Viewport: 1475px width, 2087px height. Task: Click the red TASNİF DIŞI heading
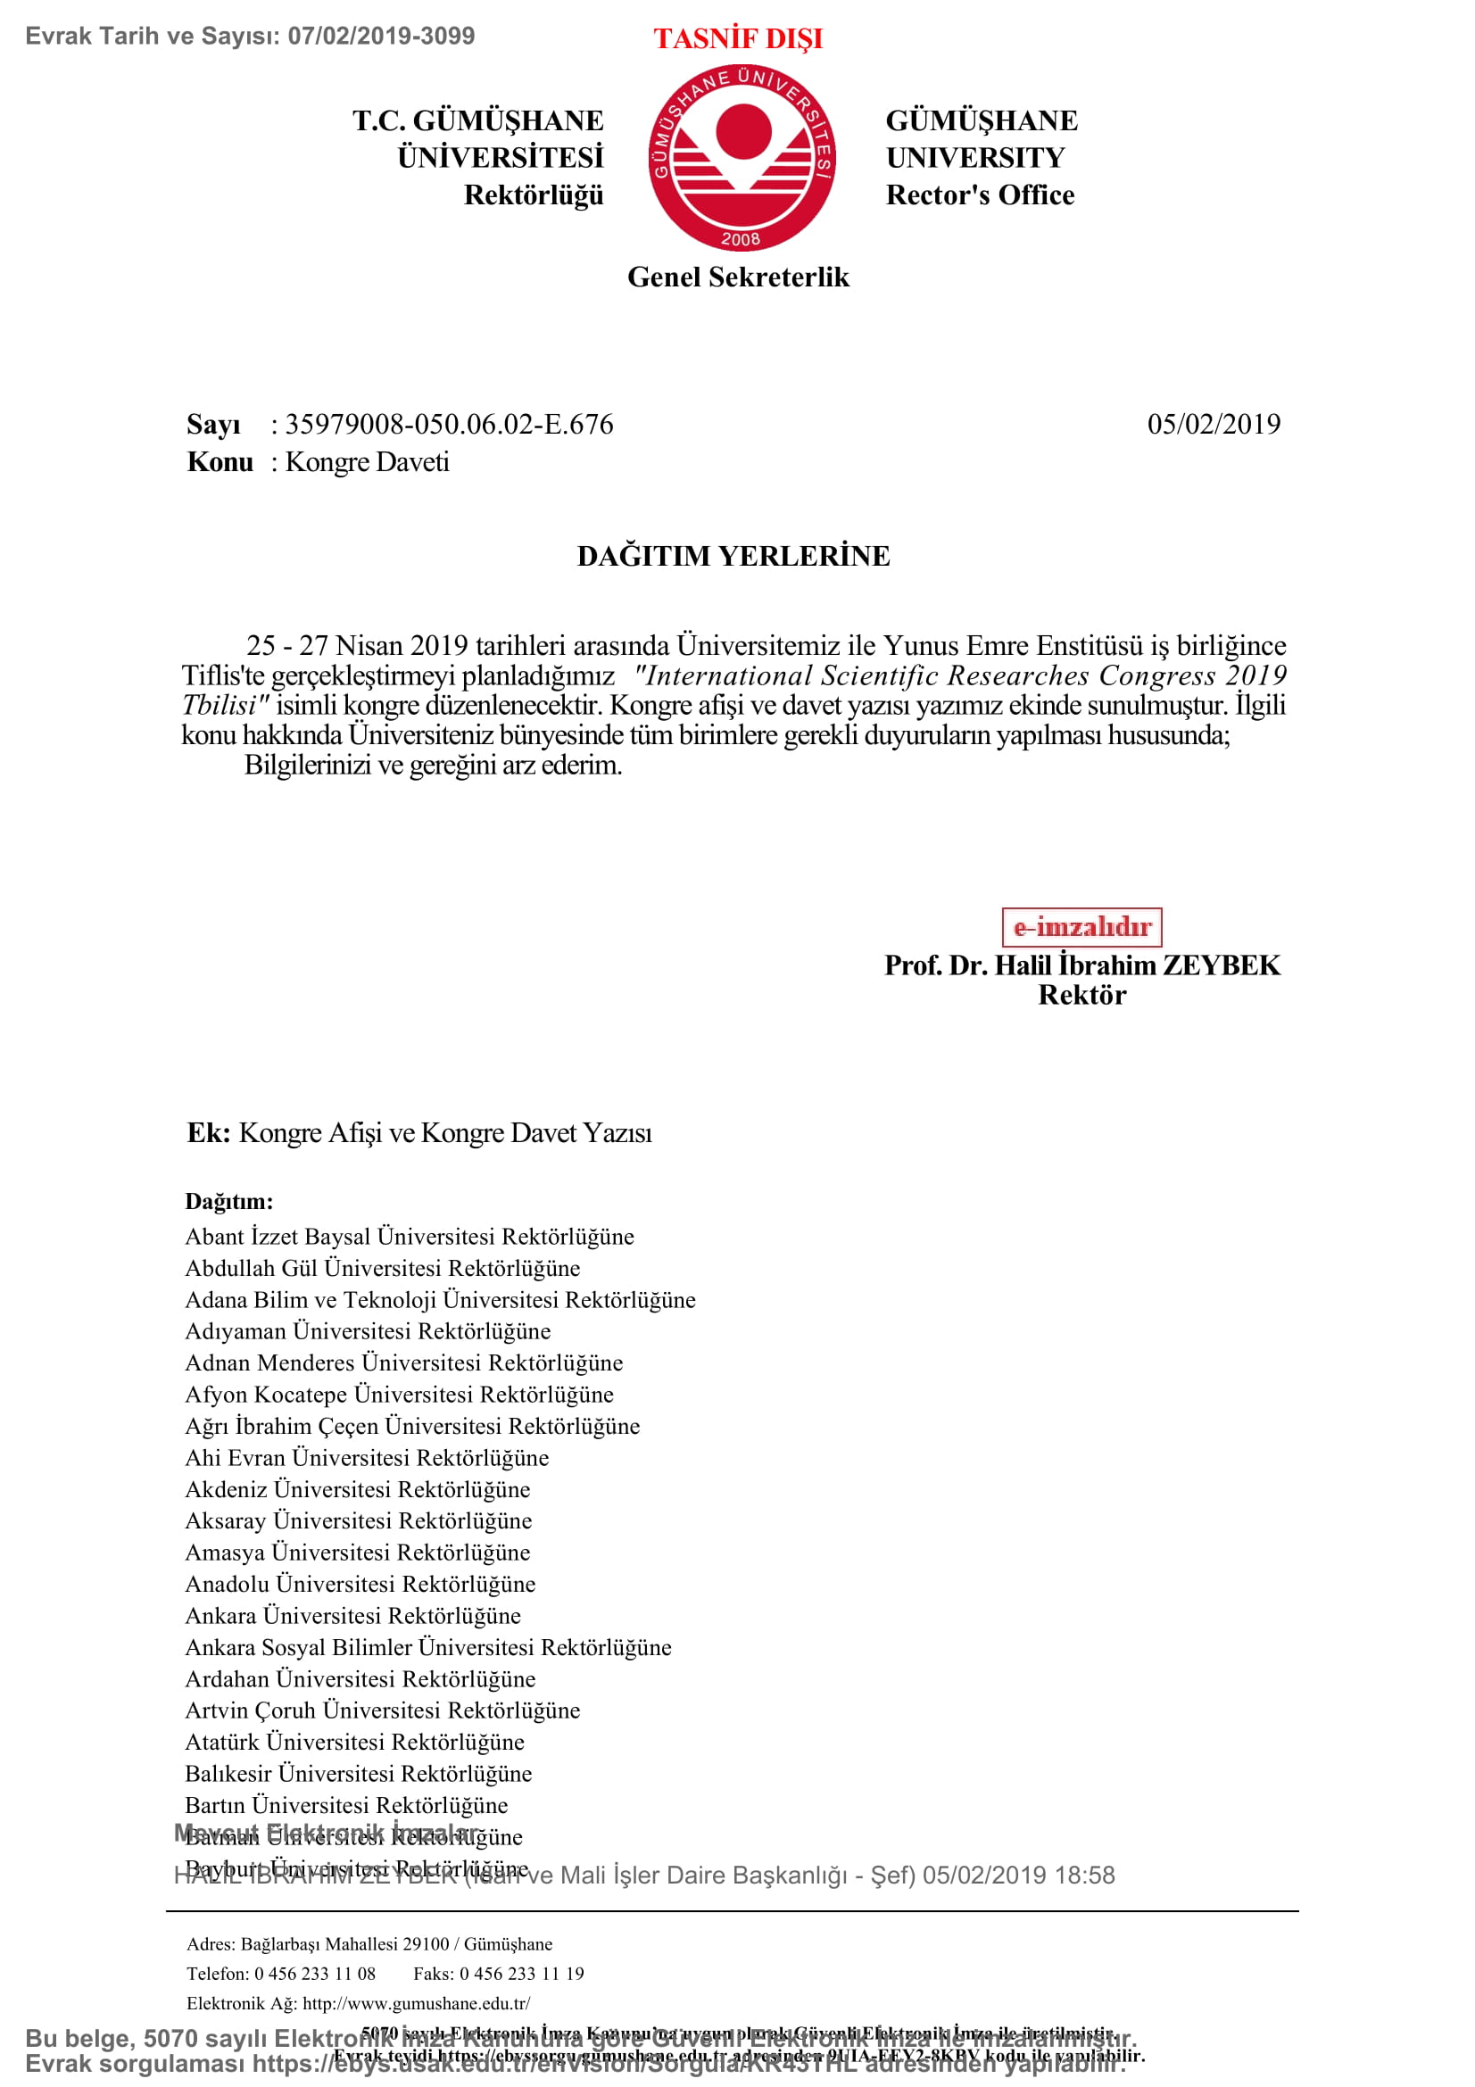[737, 39]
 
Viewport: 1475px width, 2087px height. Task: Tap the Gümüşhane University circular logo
[742, 157]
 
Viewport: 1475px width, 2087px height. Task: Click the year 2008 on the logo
[741, 240]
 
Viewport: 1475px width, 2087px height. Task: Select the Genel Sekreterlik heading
[738, 277]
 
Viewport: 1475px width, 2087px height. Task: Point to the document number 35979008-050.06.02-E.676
[449, 425]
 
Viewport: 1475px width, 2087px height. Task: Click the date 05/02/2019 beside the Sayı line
[1214, 425]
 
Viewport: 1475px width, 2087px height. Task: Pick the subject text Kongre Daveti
[367, 463]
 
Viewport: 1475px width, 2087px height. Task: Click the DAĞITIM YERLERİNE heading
[733, 556]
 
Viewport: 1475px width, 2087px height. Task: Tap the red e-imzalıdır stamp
[1081, 927]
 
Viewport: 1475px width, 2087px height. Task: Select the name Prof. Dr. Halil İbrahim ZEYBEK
[1081, 965]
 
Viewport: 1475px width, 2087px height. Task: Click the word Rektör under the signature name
[1081, 996]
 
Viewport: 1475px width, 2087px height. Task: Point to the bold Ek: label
[209, 1133]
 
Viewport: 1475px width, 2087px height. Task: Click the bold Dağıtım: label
[229, 1202]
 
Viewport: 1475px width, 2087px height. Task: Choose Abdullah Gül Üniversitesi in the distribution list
[382, 1268]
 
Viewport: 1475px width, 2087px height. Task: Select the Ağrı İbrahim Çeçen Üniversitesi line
[411, 1426]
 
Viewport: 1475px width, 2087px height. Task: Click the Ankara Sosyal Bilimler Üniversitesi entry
[428, 1647]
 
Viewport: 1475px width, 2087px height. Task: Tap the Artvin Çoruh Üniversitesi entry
[382, 1710]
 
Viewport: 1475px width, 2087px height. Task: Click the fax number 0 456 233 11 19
[522, 1974]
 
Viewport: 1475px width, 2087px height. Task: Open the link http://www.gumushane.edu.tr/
[416, 2003]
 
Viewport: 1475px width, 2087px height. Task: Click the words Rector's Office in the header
[980, 195]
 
